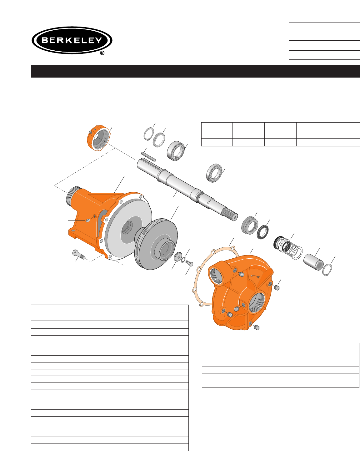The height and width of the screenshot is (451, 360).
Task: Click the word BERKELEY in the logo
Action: click(72, 40)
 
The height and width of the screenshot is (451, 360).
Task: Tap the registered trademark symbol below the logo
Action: click(102, 53)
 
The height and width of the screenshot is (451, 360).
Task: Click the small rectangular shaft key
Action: click(148, 157)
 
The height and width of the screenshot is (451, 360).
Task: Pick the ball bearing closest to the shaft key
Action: click(176, 151)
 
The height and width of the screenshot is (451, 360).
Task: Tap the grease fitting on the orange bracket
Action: click(88, 220)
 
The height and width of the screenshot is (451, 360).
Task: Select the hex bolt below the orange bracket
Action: click(78, 254)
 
